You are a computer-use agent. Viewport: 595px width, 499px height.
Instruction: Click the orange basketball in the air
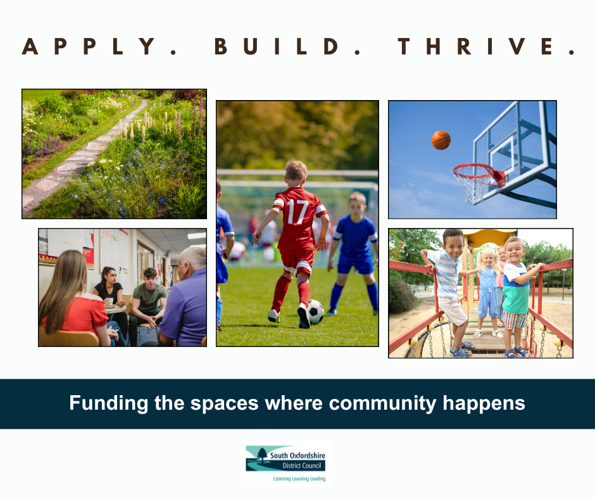pyautogui.click(x=441, y=140)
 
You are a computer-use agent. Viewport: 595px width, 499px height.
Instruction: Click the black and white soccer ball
pyautogui.click(x=315, y=312)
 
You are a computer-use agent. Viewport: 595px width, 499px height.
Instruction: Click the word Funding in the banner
pyautogui.click(x=108, y=403)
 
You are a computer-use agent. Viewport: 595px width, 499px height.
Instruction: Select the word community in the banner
pyautogui.click(x=382, y=403)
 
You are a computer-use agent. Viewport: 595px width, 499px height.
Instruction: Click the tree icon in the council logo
pyautogui.click(x=262, y=453)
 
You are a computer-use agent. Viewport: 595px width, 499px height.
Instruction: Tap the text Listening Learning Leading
pyautogui.click(x=299, y=479)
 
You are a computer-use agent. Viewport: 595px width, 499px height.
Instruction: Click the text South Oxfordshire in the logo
pyautogui.click(x=297, y=455)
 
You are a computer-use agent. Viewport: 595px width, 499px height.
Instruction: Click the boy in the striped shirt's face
pyautogui.click(x=453, y=245)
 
